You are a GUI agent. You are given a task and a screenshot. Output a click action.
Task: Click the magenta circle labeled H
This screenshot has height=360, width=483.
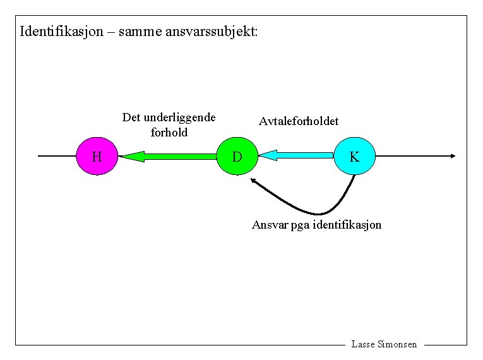96,155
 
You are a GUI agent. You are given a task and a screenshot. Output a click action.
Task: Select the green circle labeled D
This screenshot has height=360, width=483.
236,155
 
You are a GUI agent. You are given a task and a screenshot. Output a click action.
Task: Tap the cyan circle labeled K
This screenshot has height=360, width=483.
354,156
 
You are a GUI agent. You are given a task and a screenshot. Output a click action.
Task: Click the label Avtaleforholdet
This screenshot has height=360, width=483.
299,121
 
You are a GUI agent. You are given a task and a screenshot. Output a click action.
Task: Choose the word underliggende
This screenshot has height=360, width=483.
179,117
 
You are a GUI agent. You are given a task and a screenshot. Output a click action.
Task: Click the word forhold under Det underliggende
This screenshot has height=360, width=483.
169,133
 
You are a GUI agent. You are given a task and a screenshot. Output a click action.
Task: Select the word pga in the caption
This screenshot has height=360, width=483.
301,225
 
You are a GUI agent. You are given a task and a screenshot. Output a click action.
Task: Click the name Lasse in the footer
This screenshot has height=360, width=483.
362,344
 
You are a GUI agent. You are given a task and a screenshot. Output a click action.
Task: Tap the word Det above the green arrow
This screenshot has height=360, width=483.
131,117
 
